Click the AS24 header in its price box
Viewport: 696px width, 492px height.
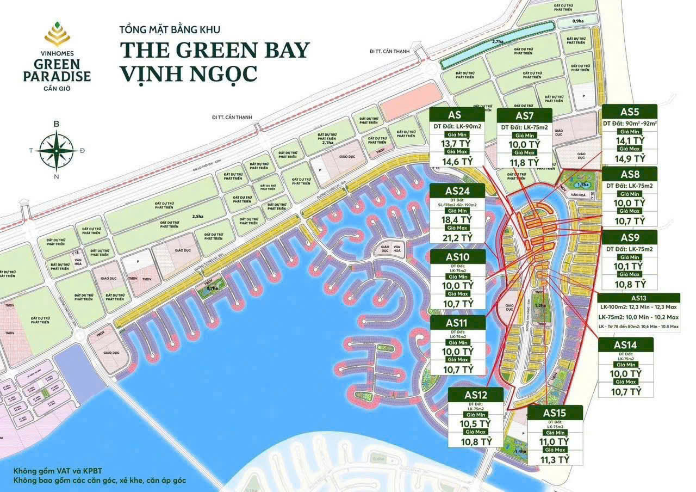coord(457,190)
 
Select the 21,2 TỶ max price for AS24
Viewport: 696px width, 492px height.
coord(457,237)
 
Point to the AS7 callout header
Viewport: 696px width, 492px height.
coord(524,115)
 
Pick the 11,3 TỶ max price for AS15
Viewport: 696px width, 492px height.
coord(555,459)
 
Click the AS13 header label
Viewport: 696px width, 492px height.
coord(638,298)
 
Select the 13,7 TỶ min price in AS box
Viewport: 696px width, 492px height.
coord(456,144)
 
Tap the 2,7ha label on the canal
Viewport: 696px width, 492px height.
coord(498,41)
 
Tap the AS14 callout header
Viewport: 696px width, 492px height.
coord(625,345)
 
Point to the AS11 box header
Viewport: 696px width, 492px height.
coord(457,323)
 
